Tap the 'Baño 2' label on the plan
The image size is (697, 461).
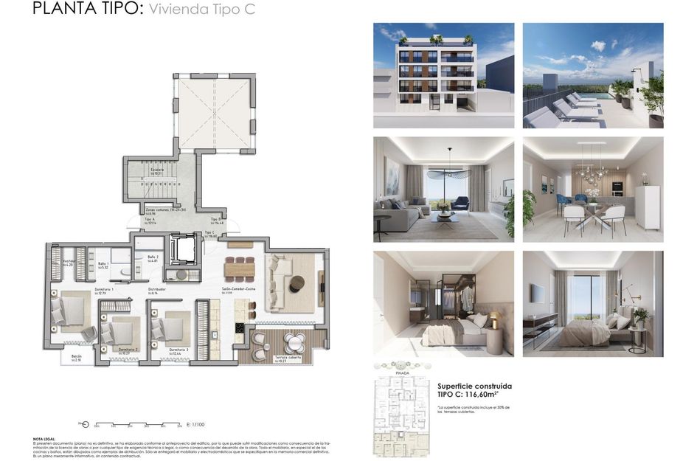(152, 257)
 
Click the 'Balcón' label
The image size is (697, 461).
(77, 356)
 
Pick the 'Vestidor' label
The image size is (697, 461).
(69, 261)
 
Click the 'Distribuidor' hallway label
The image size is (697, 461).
(156, 290)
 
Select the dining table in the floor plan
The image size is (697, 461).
(239, 269)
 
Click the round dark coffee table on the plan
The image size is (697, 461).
(297, 283)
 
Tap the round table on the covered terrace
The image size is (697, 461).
(294, 342)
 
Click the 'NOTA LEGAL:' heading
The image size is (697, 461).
(44, 437)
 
